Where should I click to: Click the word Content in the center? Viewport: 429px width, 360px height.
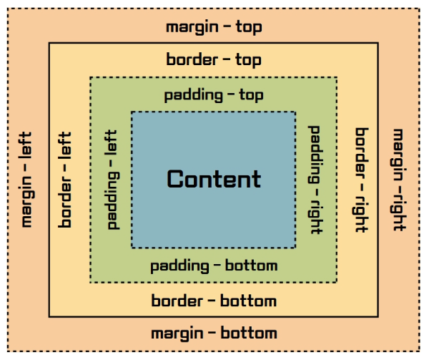[214, 179]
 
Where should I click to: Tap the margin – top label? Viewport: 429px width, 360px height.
[214, 27]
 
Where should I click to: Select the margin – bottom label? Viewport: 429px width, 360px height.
[214, 334]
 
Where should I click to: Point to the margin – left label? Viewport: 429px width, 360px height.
[26, 179]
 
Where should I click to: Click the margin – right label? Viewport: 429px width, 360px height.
[398, 179]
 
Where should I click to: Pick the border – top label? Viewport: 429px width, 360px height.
[214, 60]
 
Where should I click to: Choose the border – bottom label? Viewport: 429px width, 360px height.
[214, 301]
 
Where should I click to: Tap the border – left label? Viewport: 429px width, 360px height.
[66, 179]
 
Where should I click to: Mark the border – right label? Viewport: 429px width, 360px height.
[362, 179]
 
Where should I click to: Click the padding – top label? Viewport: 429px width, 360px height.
[214, 95]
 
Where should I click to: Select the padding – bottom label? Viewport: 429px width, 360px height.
[214, 266]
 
